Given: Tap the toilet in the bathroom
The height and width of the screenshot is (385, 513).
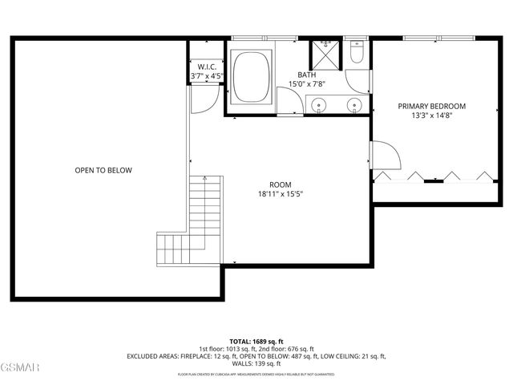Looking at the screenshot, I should point(357,54).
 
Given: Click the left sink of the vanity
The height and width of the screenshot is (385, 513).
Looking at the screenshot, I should point(320,103).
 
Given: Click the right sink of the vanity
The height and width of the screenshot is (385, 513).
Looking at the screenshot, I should point(353,103).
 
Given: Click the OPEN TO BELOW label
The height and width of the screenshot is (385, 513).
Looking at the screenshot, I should point(103,170).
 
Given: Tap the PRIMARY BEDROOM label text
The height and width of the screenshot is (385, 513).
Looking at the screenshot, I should point(431,106).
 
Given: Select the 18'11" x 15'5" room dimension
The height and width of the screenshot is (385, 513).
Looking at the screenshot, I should point(280,193).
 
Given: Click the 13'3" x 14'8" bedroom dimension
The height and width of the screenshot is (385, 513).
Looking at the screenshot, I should point(431,116).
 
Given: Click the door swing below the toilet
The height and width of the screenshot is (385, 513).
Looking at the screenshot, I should point(358,81).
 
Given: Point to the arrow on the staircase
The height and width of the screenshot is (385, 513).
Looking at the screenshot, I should point(203,181).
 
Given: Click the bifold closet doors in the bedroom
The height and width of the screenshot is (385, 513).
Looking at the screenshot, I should point(434,176).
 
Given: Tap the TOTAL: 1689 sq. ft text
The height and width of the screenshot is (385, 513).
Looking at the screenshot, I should point(256,340).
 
